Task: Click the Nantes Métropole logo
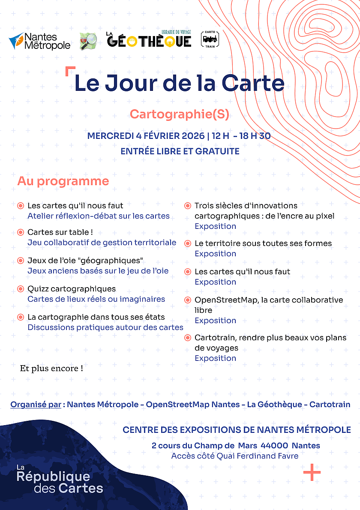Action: (x=39, y=41)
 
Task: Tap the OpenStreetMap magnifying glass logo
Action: (x=88, y=41)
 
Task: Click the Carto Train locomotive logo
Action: (x=210, y=39)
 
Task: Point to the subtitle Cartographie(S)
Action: (x=180, y=114)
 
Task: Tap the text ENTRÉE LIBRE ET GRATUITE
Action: (x=180, y=151)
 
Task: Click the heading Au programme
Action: (x=63, y=181)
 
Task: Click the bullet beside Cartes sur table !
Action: (x=20, y=232)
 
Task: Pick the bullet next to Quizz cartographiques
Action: (x=20, y=289)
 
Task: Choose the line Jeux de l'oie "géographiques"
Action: (x=85, y=261)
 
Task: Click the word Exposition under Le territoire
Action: (x=215, y=254)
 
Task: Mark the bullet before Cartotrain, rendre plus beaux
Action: (x=187, y=338)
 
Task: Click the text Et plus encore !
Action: (x=51, y=368)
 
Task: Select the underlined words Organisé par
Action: (x=36, y=404)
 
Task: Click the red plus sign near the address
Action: (x=312, y=472)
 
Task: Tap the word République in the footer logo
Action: (x=53, y=477)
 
